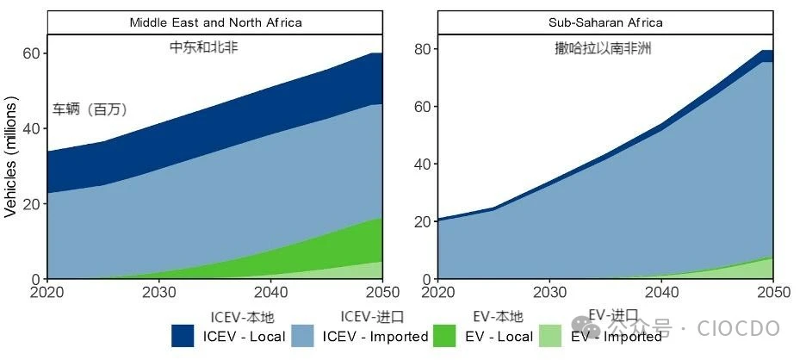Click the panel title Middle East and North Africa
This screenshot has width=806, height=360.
point(215,22)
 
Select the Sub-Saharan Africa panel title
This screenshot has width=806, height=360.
point(605,22)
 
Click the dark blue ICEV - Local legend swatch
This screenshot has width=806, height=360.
point(183,336)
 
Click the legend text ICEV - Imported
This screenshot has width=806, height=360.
point(375,337)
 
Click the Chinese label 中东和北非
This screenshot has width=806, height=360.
point(203,48)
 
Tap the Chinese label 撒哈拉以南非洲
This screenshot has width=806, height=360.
point(603,49)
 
